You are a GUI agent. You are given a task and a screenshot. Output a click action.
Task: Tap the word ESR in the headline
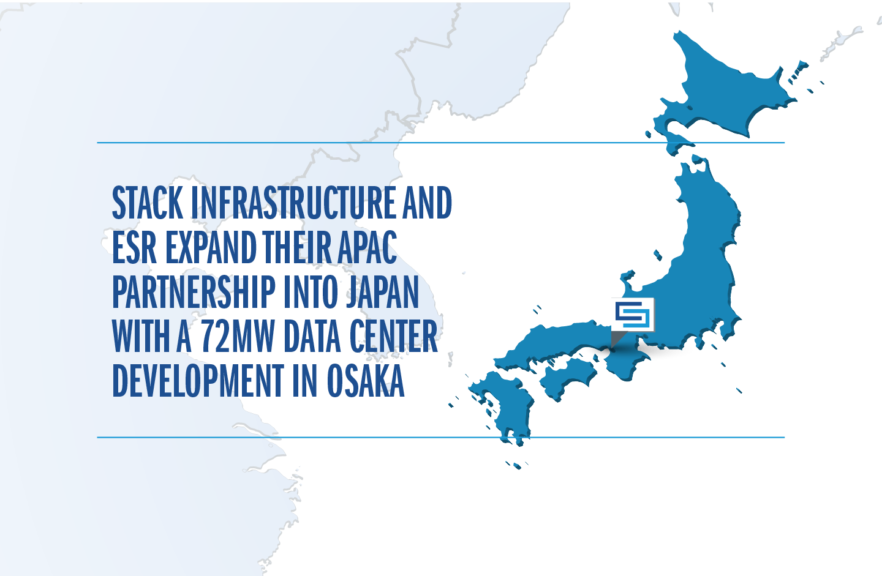(x=134, y=247)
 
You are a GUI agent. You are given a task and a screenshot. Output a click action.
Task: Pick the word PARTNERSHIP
(x=194, y=292)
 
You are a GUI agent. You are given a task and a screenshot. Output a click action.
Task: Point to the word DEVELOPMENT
(x=198, y=381)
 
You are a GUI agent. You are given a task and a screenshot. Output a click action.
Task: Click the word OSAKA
(x=366, y=381)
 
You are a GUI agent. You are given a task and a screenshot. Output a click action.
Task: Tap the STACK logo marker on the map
(x=633, y=315)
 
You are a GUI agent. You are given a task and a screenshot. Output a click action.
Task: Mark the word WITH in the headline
(x=141, y=337)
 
